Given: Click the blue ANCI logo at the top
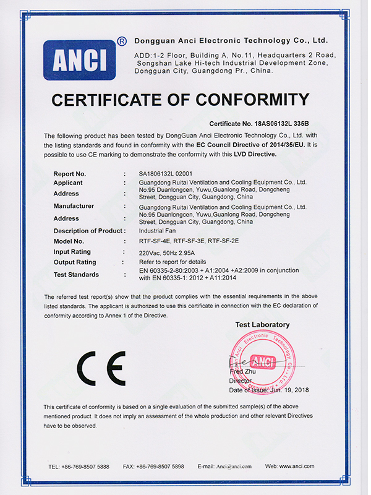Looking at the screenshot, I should (x=79, y=60).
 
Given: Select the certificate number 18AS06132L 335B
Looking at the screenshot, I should (x=279, y=124).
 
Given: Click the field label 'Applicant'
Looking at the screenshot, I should (x=68, y=183).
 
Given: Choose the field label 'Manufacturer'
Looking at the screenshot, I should (x=74, y=205).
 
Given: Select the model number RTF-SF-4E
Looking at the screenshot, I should (x=155, y=241).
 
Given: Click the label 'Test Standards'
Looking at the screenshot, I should (x=77, y=274).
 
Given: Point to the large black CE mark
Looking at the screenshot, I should (x=101, y=369).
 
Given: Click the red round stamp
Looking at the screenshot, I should (x=263, y=363).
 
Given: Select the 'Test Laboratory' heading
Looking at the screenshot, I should (x=262, y=325).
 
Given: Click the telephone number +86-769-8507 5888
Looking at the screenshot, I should (x=86, y=466).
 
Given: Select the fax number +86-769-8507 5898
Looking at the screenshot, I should (x=162, y=466).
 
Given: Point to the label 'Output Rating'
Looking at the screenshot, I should (x=75, y=262).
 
